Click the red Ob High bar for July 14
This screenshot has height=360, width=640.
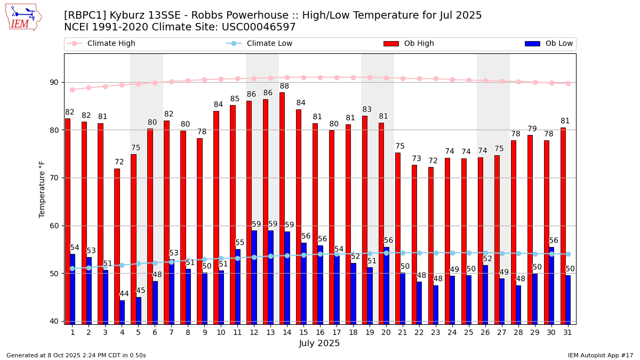click(x=282, y=208)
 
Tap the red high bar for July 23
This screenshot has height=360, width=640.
click(x=431, y=245)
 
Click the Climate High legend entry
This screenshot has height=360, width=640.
click(x=111, y=44)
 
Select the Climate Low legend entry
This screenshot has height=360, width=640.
click(x=269, y=44)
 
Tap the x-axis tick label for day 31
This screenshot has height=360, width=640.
click(x=568, y=332)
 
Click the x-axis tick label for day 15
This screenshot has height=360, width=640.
click(x=303, y=332)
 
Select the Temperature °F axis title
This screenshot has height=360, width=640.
click(x=42, y=189)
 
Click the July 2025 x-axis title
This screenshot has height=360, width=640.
click(x=319, y=343)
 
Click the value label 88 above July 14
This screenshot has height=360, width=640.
click(x=284, y=86)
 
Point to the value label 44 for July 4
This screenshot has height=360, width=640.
click(x=124, y=294)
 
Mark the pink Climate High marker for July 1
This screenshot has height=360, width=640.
click(x=72, y=90)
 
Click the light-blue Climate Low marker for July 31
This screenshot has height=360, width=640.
click(x=568, y=254)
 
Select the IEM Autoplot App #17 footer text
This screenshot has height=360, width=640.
click(x=600, y=355)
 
